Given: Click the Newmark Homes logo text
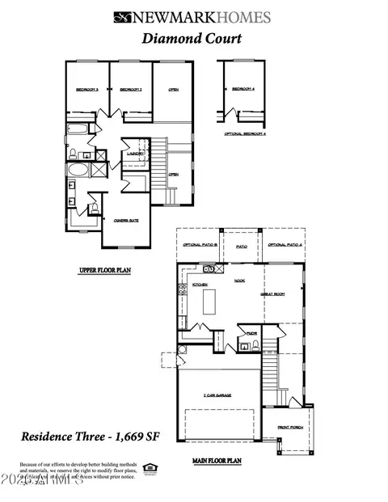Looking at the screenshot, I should (x=203, y=16).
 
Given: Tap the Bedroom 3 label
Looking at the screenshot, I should (x=86, y=90).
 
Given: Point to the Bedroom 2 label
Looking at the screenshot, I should (x=130, y=90).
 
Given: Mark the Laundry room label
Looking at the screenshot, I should (x=135, y=153).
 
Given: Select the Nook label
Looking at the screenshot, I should (x=240, y=281).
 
